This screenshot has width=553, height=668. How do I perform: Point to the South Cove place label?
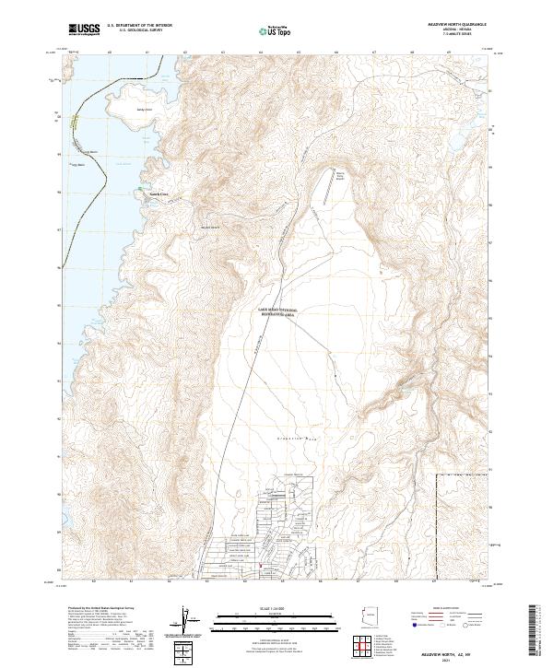(x=159, y=193)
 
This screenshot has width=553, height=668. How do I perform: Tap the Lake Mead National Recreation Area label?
(x=277, y=312)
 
